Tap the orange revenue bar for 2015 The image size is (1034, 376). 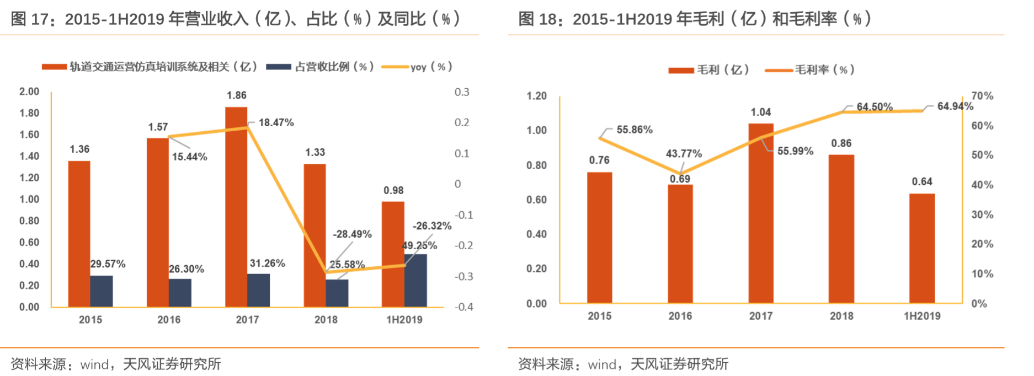(79, 234)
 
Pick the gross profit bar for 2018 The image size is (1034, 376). (841, 229)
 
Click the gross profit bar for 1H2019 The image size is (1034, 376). (921, 248)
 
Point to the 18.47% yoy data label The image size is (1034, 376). (276, 122)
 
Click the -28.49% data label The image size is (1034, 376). (352, 234)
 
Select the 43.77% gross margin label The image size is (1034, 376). (684, 153)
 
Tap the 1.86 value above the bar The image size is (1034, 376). (236, 95)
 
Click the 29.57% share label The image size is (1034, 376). (108, 264)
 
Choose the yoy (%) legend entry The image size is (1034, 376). (430, 67)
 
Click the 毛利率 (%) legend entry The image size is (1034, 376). (824, 69)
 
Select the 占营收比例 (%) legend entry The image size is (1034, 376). (334, 67)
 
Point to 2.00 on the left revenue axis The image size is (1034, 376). (29, 92)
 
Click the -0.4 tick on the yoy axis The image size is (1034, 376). (463, 307)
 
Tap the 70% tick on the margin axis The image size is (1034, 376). (982, 96)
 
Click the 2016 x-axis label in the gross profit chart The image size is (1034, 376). (680, 316)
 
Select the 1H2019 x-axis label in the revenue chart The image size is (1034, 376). (404, 320)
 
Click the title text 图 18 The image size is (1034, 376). (537, 19)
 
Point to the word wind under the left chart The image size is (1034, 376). (94, 364)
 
